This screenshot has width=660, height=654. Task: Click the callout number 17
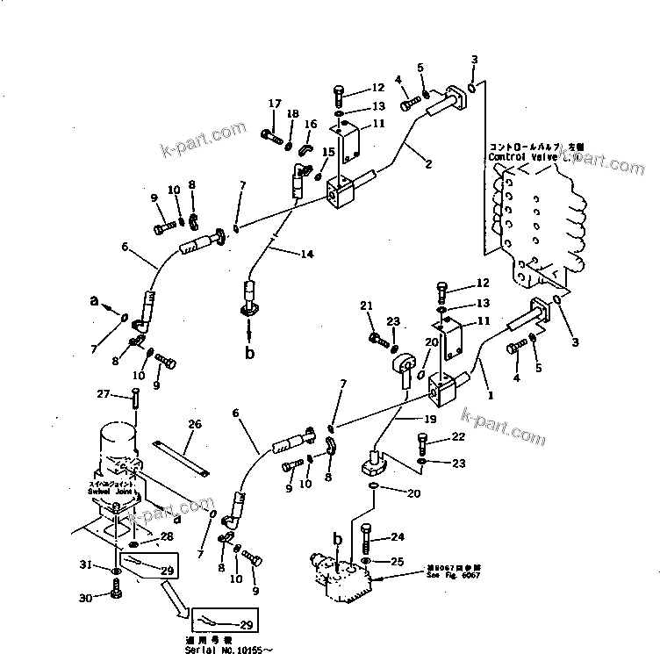point(275,104)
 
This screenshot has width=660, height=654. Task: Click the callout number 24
point(398,537)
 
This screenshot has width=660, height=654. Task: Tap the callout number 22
point(458,437)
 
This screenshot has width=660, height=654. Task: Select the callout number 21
point(368,305)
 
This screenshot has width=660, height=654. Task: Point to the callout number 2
point(429,162)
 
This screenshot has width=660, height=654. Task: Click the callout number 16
point(309,125)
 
